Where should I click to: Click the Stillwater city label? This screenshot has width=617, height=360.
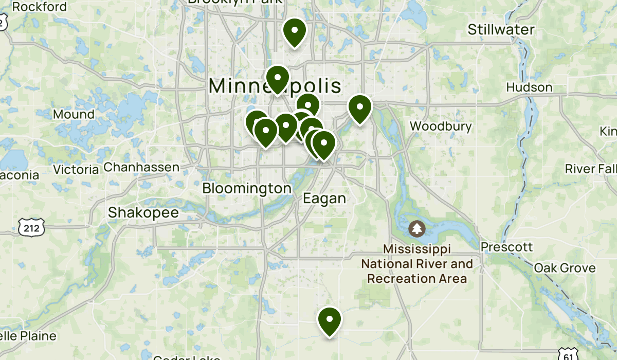click(501, 30)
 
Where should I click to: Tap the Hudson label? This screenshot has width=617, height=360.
click(529, 87)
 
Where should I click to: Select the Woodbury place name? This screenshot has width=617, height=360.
click(441, 127)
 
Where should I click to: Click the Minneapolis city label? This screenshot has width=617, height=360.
click(275, 86)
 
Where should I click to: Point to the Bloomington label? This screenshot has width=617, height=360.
click(247, 188)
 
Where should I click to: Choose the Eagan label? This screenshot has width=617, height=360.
click(324, 199)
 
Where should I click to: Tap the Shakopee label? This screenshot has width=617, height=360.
click(143, 212)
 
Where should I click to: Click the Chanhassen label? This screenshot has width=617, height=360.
click(141, 167)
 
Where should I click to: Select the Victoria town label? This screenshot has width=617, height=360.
click(76, 169)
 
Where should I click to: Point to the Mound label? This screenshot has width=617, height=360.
click(74, 114)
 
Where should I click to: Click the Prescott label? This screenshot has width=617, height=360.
click(506, 247)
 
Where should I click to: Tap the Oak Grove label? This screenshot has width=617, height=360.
click(565, 268)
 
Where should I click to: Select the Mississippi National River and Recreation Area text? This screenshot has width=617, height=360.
click(416, 264)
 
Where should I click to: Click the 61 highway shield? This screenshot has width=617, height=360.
click(567, 354)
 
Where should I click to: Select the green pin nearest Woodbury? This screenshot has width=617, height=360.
click(360, 108)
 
